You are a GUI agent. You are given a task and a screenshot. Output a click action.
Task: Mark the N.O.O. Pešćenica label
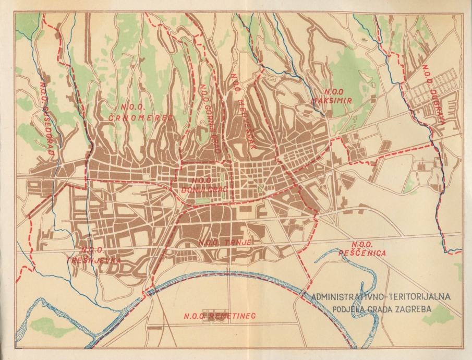click(x=368, y=249)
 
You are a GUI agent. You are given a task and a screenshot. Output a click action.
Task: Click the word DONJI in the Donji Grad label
click(x=192, y=189)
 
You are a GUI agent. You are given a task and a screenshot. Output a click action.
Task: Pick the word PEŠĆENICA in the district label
click(x=368, y=253)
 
